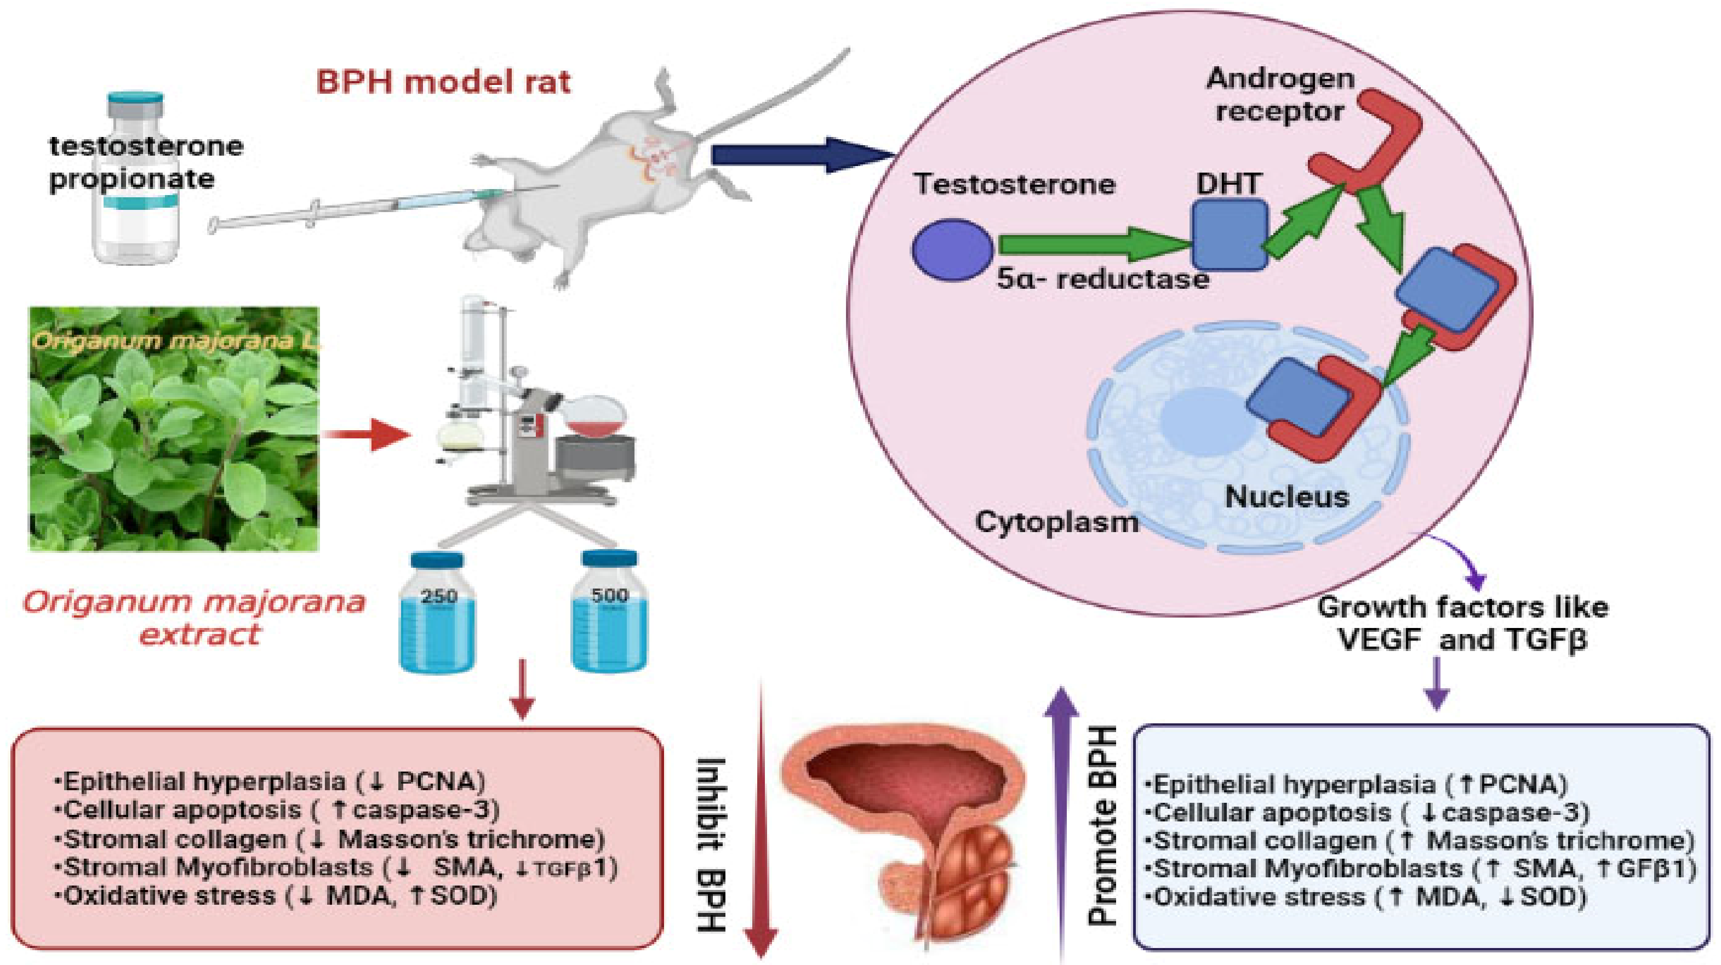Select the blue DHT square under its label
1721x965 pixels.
coord(1230,235)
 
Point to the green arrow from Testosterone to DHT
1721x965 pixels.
coord(1096,244)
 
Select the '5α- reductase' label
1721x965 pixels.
coord(1103,278)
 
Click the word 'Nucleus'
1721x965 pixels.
coord(1287,496)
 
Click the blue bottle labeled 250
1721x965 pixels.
coord(438,612)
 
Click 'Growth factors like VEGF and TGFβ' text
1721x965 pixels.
coord(1463,624)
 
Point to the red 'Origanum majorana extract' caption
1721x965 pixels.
coord(195,618)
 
